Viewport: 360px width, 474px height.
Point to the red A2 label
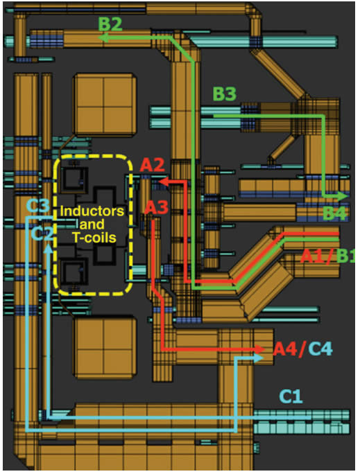tap(152, 166)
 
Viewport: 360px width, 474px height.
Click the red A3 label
tap(156, 207)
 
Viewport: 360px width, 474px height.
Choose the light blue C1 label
tap(292, 396)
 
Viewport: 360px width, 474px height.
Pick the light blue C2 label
tap(42, 234)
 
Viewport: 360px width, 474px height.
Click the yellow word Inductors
tap(92, 210)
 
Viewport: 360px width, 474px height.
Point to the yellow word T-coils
tap(94, 237)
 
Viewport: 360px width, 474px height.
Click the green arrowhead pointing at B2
tap(104, 39)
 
